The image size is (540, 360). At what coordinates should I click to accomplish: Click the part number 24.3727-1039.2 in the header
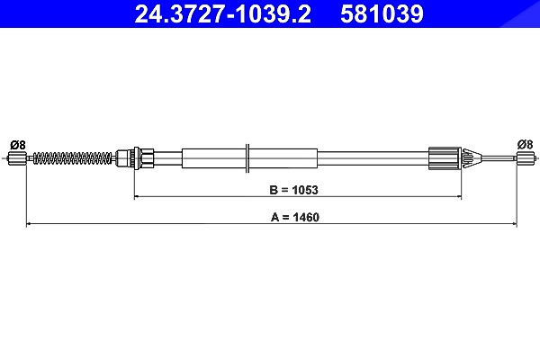coord(223,14)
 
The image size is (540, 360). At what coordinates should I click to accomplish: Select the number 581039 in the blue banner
coord(382,14)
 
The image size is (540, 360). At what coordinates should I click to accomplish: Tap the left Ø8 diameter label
coord(18,145)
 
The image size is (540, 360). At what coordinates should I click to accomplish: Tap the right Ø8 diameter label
coord(526,144)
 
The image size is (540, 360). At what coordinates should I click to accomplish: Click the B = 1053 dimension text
coord(293,190)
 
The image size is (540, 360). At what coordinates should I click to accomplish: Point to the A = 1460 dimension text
coord(295,218)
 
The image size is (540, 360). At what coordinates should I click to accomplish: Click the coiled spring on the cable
coord(72,158)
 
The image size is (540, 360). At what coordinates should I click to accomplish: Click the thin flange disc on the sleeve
coord(247,158)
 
